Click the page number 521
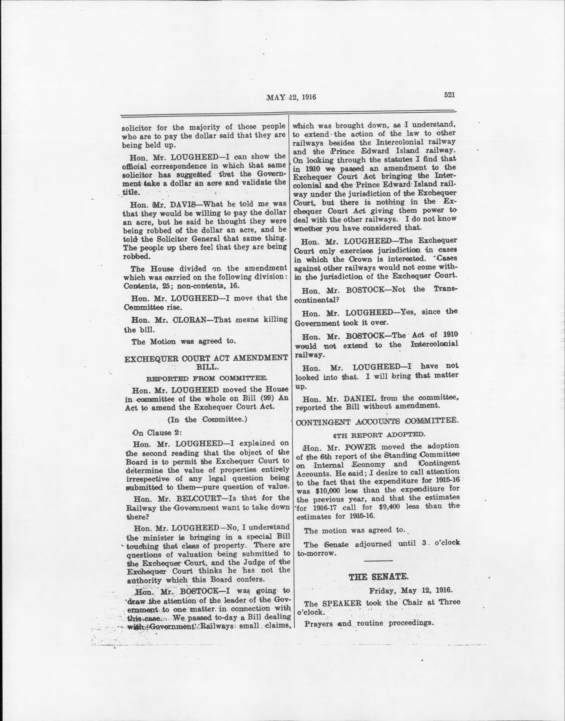450,95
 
